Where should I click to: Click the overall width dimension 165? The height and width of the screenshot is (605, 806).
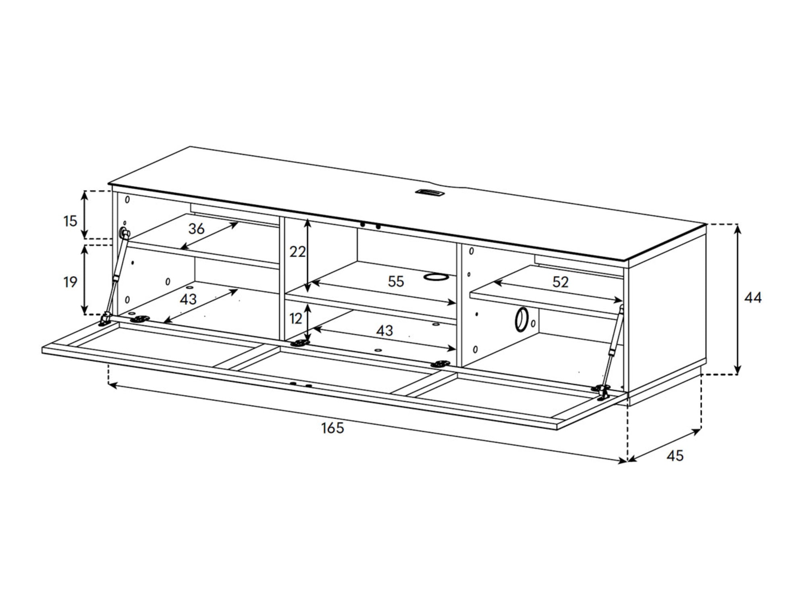332,428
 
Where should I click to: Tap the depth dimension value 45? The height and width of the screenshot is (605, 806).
675,456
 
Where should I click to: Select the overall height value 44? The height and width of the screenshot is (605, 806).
753,298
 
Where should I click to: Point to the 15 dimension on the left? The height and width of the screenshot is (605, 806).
70,221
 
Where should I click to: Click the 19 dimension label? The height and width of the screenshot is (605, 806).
70,282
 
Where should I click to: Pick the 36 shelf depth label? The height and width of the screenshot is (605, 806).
197,229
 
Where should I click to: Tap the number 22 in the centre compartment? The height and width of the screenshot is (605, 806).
298,252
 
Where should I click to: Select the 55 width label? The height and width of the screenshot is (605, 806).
396,282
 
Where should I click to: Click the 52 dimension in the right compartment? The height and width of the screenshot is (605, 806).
560,282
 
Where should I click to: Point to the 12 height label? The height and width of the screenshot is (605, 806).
296,319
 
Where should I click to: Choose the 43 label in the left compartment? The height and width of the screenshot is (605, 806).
188,299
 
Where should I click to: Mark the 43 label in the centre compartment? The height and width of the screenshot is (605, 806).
384,331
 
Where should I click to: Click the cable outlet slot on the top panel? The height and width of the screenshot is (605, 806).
430,193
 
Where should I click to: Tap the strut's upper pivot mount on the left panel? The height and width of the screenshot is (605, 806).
124,233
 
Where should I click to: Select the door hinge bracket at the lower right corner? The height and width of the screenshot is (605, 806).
601,391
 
